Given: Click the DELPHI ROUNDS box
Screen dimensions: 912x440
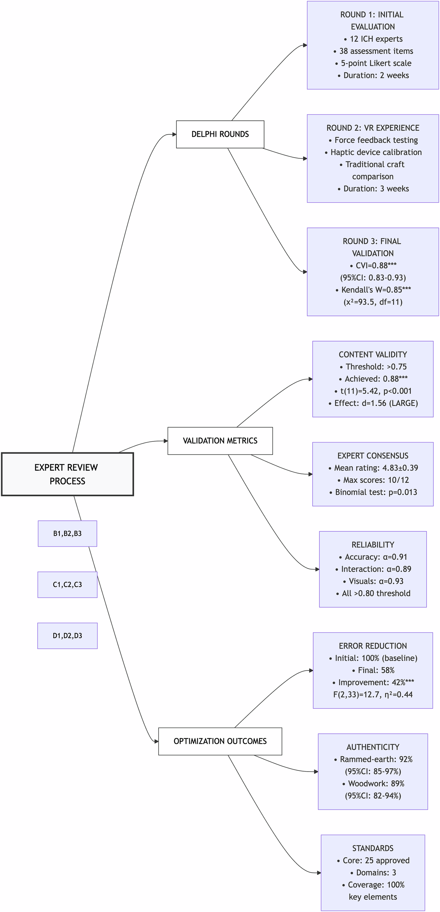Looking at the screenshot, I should tap(220, 134).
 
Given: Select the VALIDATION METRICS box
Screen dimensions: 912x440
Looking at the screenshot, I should tap(220, 441).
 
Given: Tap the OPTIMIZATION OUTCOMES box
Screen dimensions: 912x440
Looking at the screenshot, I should tap(220, 741).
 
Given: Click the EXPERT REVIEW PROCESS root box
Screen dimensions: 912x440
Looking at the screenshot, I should tap(67, 474).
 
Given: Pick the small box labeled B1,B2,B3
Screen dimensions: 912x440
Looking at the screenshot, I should tap(67, 533).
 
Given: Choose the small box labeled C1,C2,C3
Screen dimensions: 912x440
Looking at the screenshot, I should tap(67, 584).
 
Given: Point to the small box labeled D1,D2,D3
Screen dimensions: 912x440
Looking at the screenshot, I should tap(67, 635).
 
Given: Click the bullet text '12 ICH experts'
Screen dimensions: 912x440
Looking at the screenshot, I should tap(376, 39).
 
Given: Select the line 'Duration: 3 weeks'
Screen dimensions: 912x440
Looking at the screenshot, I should tap(376, 189).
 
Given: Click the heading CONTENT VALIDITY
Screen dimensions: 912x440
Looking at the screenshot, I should tap(373, 355).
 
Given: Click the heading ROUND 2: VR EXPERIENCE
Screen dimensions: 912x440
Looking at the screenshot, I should tap(373, 128).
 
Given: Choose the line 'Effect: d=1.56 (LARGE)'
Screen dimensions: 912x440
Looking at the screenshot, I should tap(376, 403).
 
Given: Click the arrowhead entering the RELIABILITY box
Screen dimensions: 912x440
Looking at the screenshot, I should tap(317, 569).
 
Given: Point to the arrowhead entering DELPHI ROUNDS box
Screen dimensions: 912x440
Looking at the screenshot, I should tap(174, 134).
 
